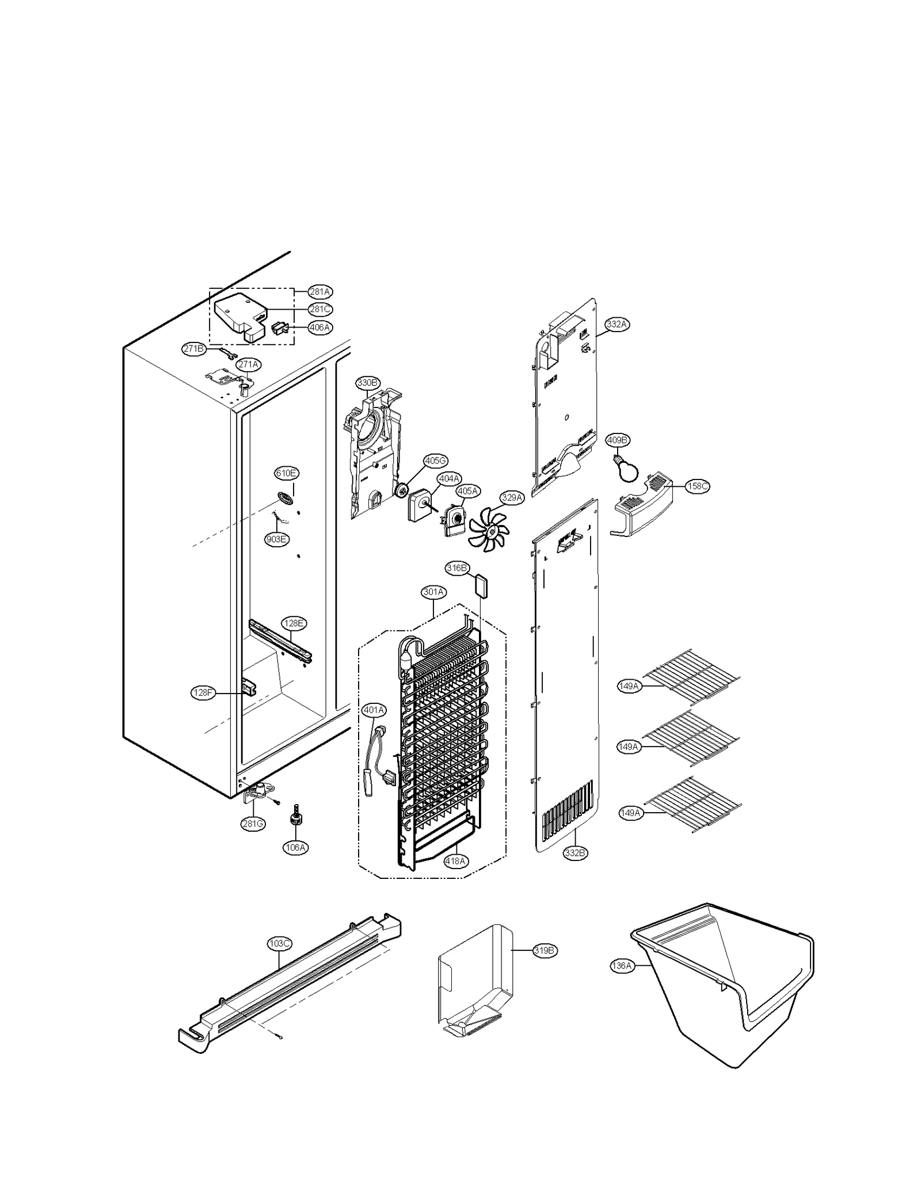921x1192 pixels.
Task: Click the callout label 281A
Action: (320, 291)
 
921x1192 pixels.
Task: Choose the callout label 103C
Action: (280, 944)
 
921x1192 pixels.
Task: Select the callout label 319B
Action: (544, 951)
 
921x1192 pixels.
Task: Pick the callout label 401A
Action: (374, 710)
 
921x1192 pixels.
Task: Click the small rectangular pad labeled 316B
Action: (481, 587)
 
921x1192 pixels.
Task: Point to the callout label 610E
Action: (287, 473)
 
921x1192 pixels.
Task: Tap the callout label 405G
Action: (435, 460)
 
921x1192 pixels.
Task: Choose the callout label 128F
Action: (203, 693)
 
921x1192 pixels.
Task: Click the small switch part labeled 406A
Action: (279, 329)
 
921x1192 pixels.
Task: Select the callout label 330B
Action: (367, 383)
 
